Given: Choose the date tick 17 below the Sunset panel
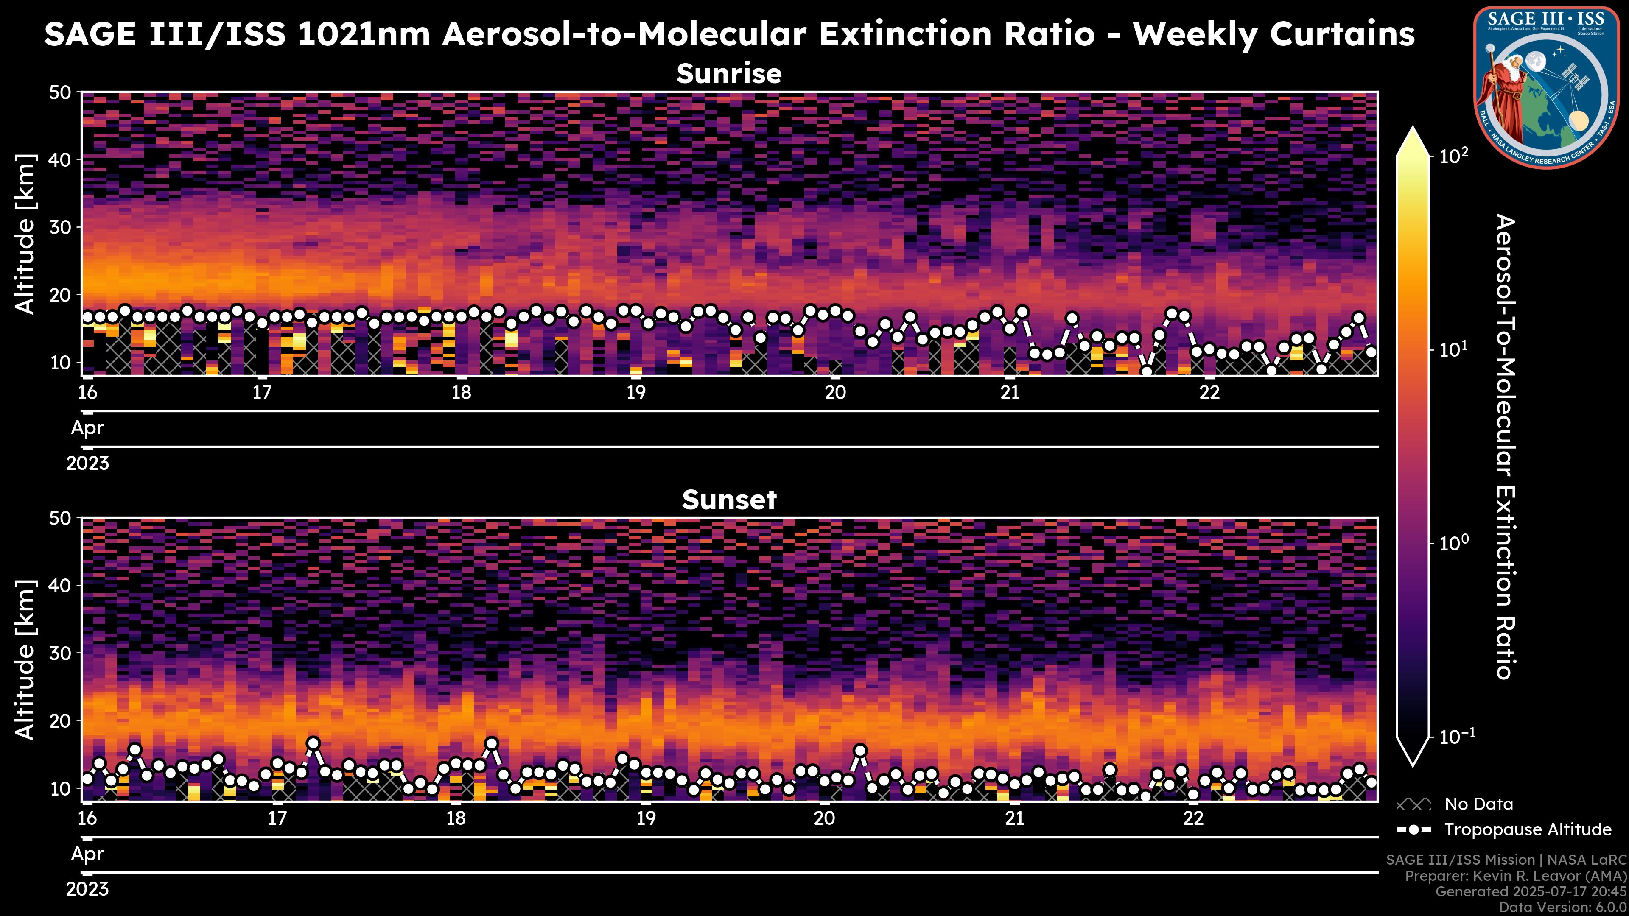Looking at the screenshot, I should (x=277, y=818).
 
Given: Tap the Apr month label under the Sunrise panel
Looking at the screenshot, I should (x=87, y=428).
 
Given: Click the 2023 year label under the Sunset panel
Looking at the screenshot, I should (x=87, y=889).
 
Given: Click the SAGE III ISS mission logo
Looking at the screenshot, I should (x=1546, y=87).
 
